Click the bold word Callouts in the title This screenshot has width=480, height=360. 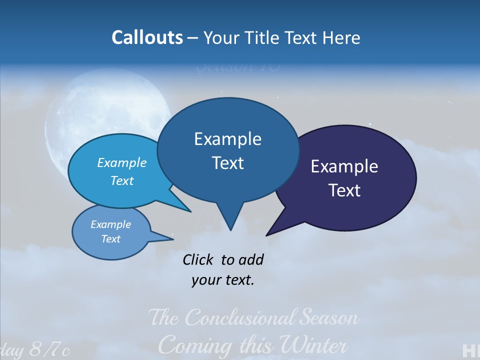pos(147,37)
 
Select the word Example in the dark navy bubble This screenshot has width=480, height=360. pos(344,166)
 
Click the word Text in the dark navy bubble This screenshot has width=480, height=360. pos(344,190)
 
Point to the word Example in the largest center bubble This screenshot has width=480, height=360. pos(227,139)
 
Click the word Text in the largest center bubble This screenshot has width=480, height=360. pos(227,163)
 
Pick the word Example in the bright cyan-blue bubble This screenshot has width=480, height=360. pos(122,162)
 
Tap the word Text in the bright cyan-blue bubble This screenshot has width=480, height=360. pos(122,180)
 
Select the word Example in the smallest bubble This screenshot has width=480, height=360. pos(110,224)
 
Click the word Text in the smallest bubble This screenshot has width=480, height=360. pos(110,239)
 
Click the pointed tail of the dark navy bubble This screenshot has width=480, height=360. pos(269,233)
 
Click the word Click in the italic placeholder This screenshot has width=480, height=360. pos(198,259)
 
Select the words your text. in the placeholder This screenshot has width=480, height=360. pos(223,280)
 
